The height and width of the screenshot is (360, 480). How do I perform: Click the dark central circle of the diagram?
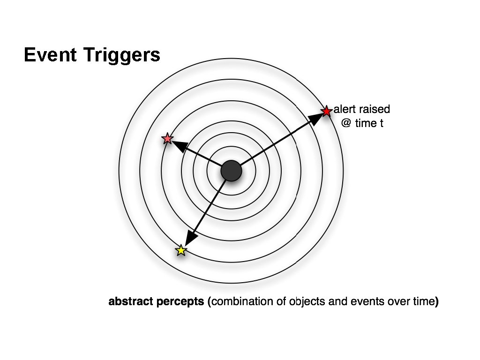tap(231, 171)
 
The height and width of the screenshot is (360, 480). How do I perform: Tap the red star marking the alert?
tap(326, 111)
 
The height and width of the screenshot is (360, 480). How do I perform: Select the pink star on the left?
tap(167, 139)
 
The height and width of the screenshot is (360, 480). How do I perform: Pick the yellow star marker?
tap(181, 250)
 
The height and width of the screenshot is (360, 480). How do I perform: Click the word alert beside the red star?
tap(345, 110)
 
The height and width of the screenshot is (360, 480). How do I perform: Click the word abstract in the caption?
tap(129, 302)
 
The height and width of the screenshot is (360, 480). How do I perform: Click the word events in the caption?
tap(357, 302)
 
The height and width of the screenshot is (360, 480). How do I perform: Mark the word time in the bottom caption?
tap(424, 302)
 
